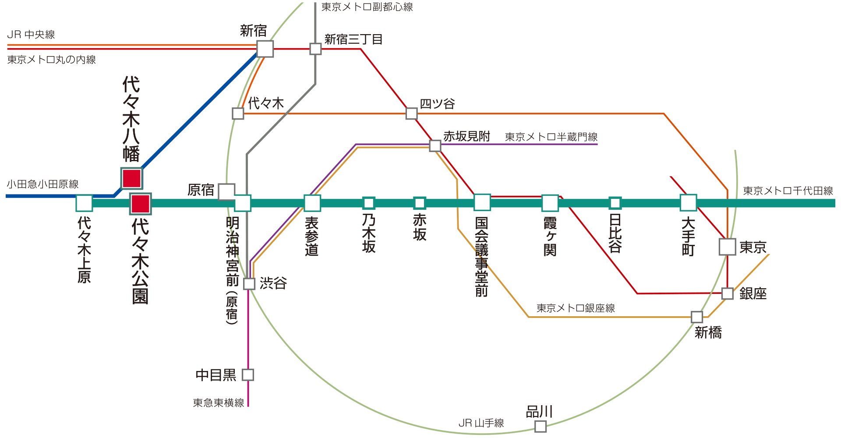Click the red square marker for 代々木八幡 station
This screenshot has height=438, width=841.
(x=132, y=178)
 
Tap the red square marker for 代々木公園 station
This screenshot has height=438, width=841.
(x=141, y=204)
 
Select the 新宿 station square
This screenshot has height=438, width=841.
(x=265, y=49)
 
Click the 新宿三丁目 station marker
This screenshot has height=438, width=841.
(x=315, y=49)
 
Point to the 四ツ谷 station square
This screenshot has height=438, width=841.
(x=411, y=113)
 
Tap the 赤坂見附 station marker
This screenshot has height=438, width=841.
(x=435, y=145)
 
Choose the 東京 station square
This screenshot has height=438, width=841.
(x=728, y=247)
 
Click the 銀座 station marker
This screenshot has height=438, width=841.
(x=728, y=293)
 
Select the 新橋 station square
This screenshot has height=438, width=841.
(x=697, y=317)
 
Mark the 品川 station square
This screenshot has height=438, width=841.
(x=541, y=426)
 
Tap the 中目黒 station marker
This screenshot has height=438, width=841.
(x=248, y=374)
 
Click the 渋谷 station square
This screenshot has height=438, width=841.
(x=249, y=283)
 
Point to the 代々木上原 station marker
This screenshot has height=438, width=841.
(x=84, y=203)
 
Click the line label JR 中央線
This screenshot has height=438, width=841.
(x=31, y=35)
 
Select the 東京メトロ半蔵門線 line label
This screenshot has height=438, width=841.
(x=551, y=137)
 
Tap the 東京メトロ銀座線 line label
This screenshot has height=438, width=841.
(x=576, y=308)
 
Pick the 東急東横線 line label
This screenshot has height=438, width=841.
(x=219, y=403)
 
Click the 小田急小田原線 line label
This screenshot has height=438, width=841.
(x=42, y=184)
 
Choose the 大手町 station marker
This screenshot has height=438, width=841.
(x=688, y=203)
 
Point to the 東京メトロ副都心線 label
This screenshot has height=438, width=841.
(x=367, y=7)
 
